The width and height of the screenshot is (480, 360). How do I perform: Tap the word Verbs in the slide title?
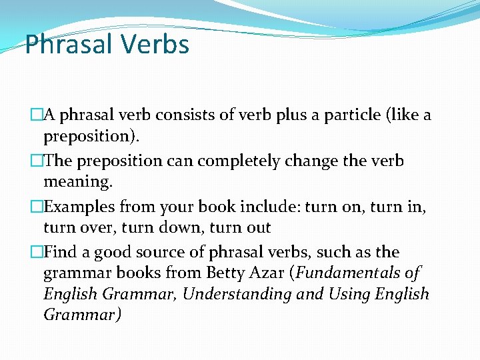coord(155,45)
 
